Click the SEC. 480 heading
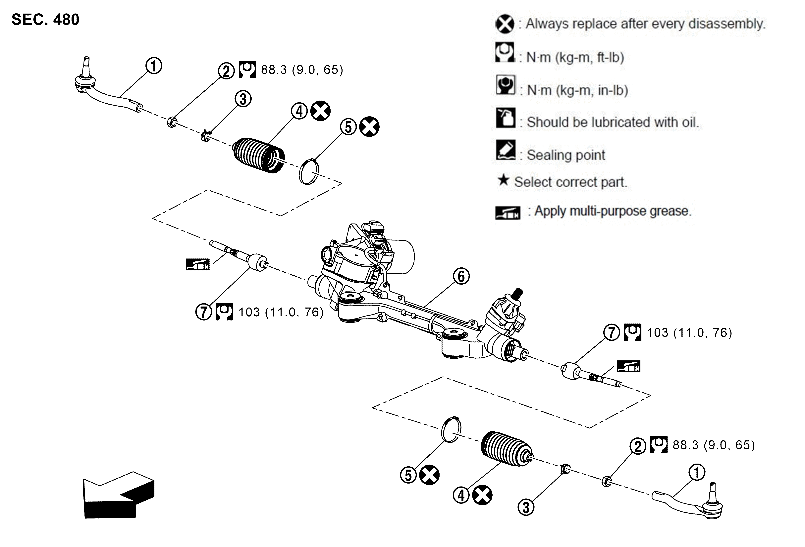click(45, 19)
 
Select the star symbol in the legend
click(503, 180)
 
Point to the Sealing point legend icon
click(506, 150)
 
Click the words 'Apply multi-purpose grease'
click(612, 211)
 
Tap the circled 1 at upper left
click(154, 66)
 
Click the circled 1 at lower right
click(697, 472)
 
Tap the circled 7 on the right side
click(612, 332)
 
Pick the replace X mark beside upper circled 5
click(369, 126)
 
